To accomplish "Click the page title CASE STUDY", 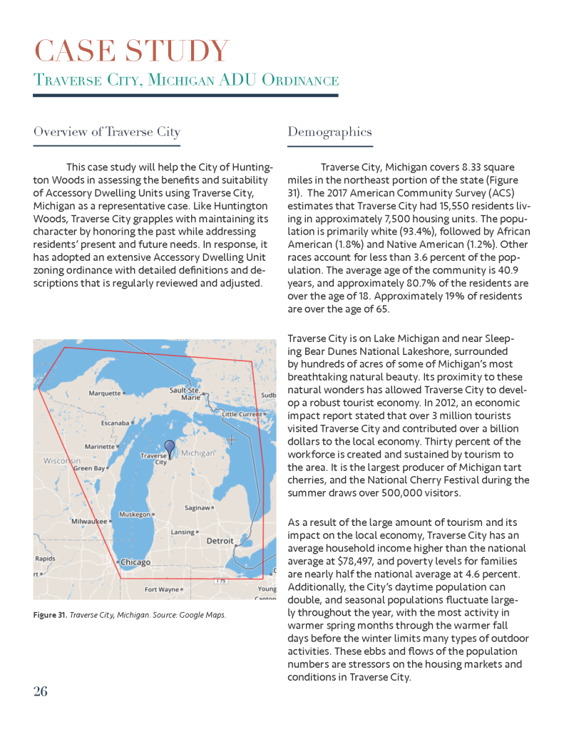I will point(132,51).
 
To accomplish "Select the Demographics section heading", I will point(329,132).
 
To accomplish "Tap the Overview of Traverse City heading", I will point(107,132).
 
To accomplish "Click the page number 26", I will point(41,691).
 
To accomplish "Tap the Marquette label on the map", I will point(104,393).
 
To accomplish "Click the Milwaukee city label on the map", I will point(88,521).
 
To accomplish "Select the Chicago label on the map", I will point(135,562).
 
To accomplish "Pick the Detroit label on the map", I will point(220,541).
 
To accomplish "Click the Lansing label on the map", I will point(183,532).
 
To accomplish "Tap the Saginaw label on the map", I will point(197,508).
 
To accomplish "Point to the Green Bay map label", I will point(89,469).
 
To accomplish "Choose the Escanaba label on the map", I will point(114,423).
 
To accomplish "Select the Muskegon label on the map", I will point(134,514).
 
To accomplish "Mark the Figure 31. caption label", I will point(50,614).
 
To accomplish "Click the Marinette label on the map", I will point(100,446).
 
